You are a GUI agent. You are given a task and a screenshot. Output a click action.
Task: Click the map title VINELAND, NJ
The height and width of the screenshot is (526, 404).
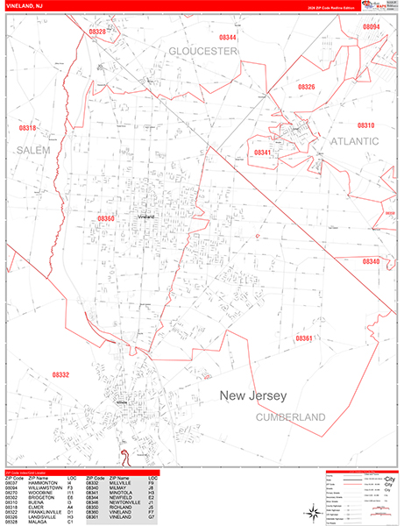pos(27,7)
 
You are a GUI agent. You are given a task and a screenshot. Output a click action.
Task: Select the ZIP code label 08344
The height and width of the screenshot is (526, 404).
pos(227,38)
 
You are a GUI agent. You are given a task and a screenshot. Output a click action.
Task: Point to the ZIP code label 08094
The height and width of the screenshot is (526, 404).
pos(372,27)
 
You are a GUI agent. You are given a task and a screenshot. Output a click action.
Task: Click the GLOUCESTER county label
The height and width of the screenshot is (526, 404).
pos(203,52)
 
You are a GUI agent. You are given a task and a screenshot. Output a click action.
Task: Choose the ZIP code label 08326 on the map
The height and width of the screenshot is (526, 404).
pos(306,87)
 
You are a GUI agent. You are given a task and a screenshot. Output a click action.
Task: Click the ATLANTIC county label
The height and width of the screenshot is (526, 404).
pos(354,140)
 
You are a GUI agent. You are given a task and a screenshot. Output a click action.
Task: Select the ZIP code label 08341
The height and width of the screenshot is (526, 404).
pos(263,152)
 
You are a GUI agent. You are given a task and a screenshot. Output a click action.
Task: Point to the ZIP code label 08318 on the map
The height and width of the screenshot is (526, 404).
pos(28,128)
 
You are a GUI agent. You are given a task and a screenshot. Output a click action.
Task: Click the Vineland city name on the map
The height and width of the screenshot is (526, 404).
pos(145,216)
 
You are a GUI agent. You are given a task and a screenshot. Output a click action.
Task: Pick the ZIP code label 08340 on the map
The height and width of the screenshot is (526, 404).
pos(371,261)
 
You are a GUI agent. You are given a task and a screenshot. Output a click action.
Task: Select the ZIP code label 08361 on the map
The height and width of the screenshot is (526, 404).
pos(303,338)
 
